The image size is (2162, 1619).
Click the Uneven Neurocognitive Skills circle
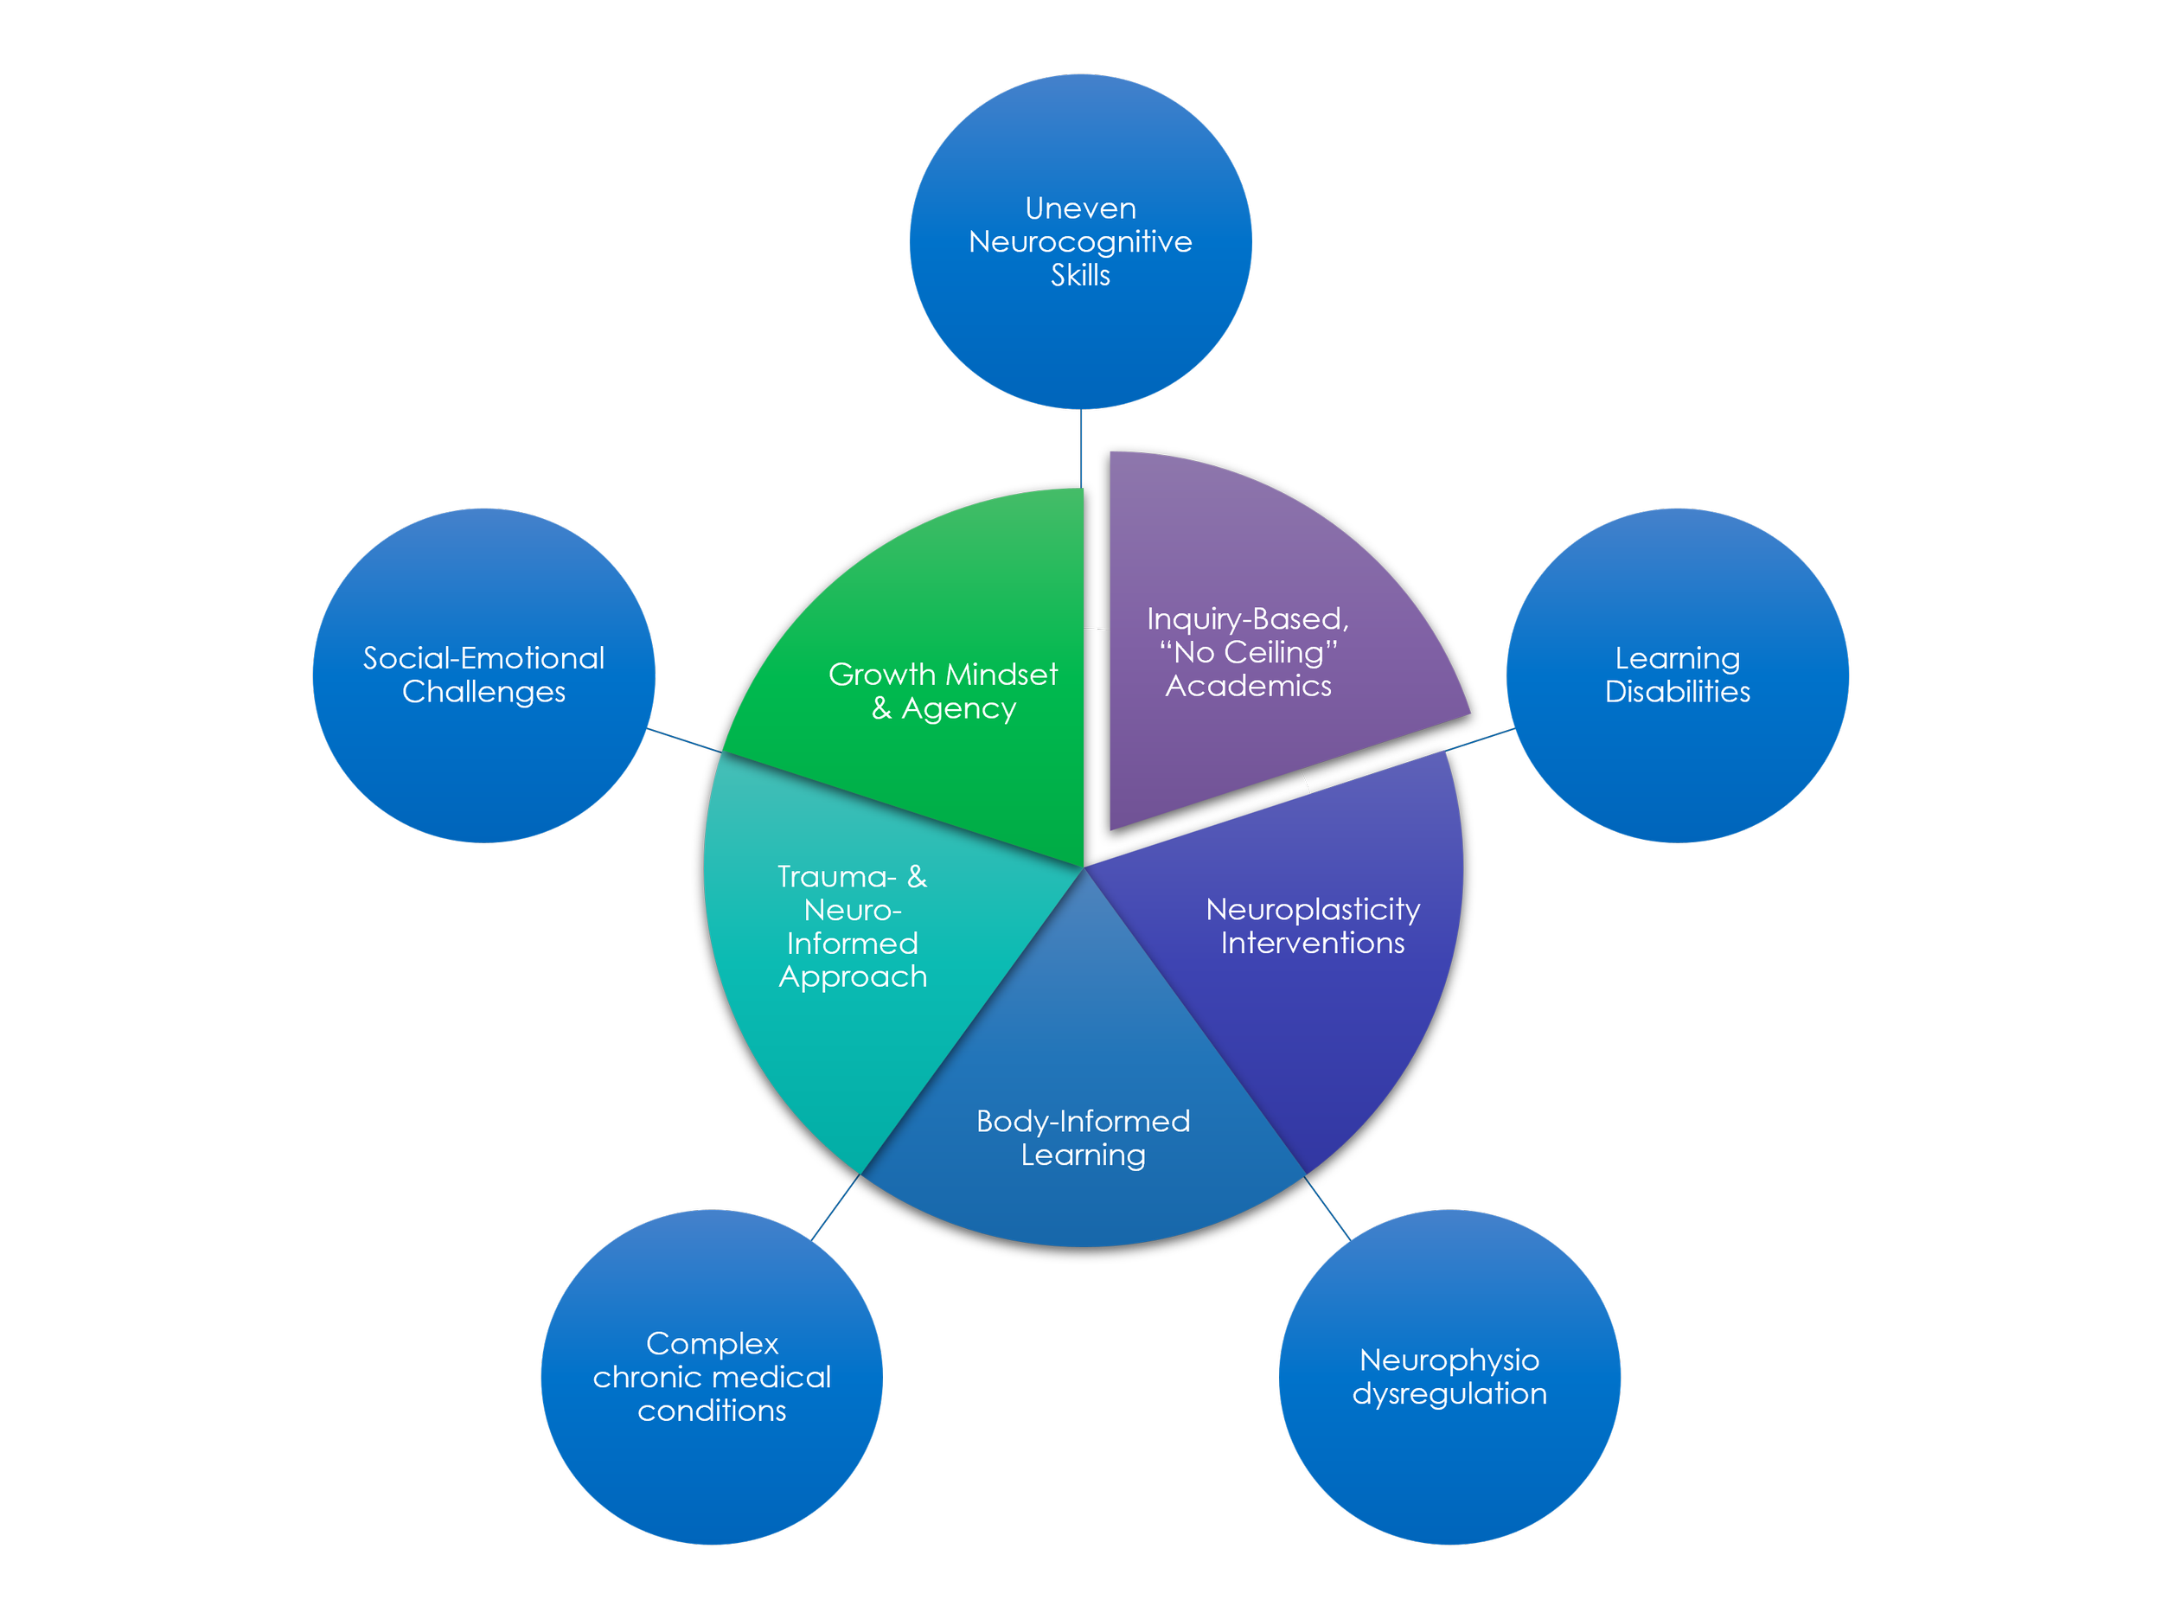point(1080,332)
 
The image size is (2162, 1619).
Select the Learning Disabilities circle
point(1677,763)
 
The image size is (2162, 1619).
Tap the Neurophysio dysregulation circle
point(1449,1456)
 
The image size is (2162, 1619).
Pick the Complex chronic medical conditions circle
point(712,1467)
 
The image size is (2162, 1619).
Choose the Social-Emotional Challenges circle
point(483,763)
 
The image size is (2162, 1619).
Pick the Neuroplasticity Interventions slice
point(1349,1027)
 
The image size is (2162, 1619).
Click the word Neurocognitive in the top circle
point(1080,241)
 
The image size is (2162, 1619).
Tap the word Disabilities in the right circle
point(1677,692)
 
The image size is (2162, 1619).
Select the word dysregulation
point(1449,1393)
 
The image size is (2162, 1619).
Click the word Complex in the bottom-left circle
point(712,1344)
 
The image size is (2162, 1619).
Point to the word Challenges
point(483,692)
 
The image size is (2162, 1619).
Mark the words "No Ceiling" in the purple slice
point(1248,652)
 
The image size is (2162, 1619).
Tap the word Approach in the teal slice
point(853,976)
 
